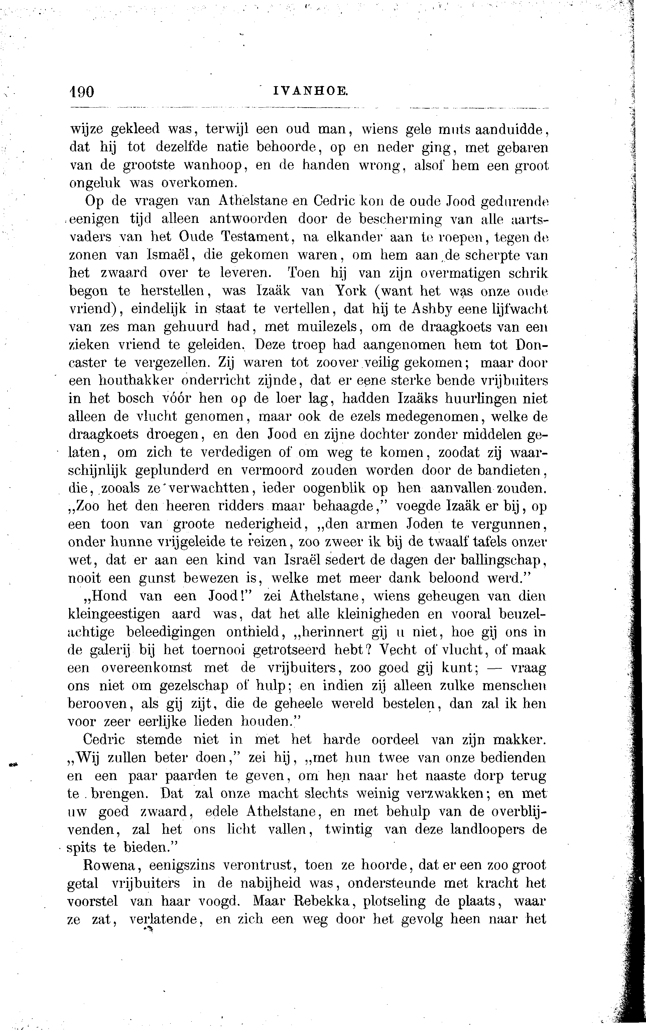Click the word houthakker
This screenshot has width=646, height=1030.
coord(135,380)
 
